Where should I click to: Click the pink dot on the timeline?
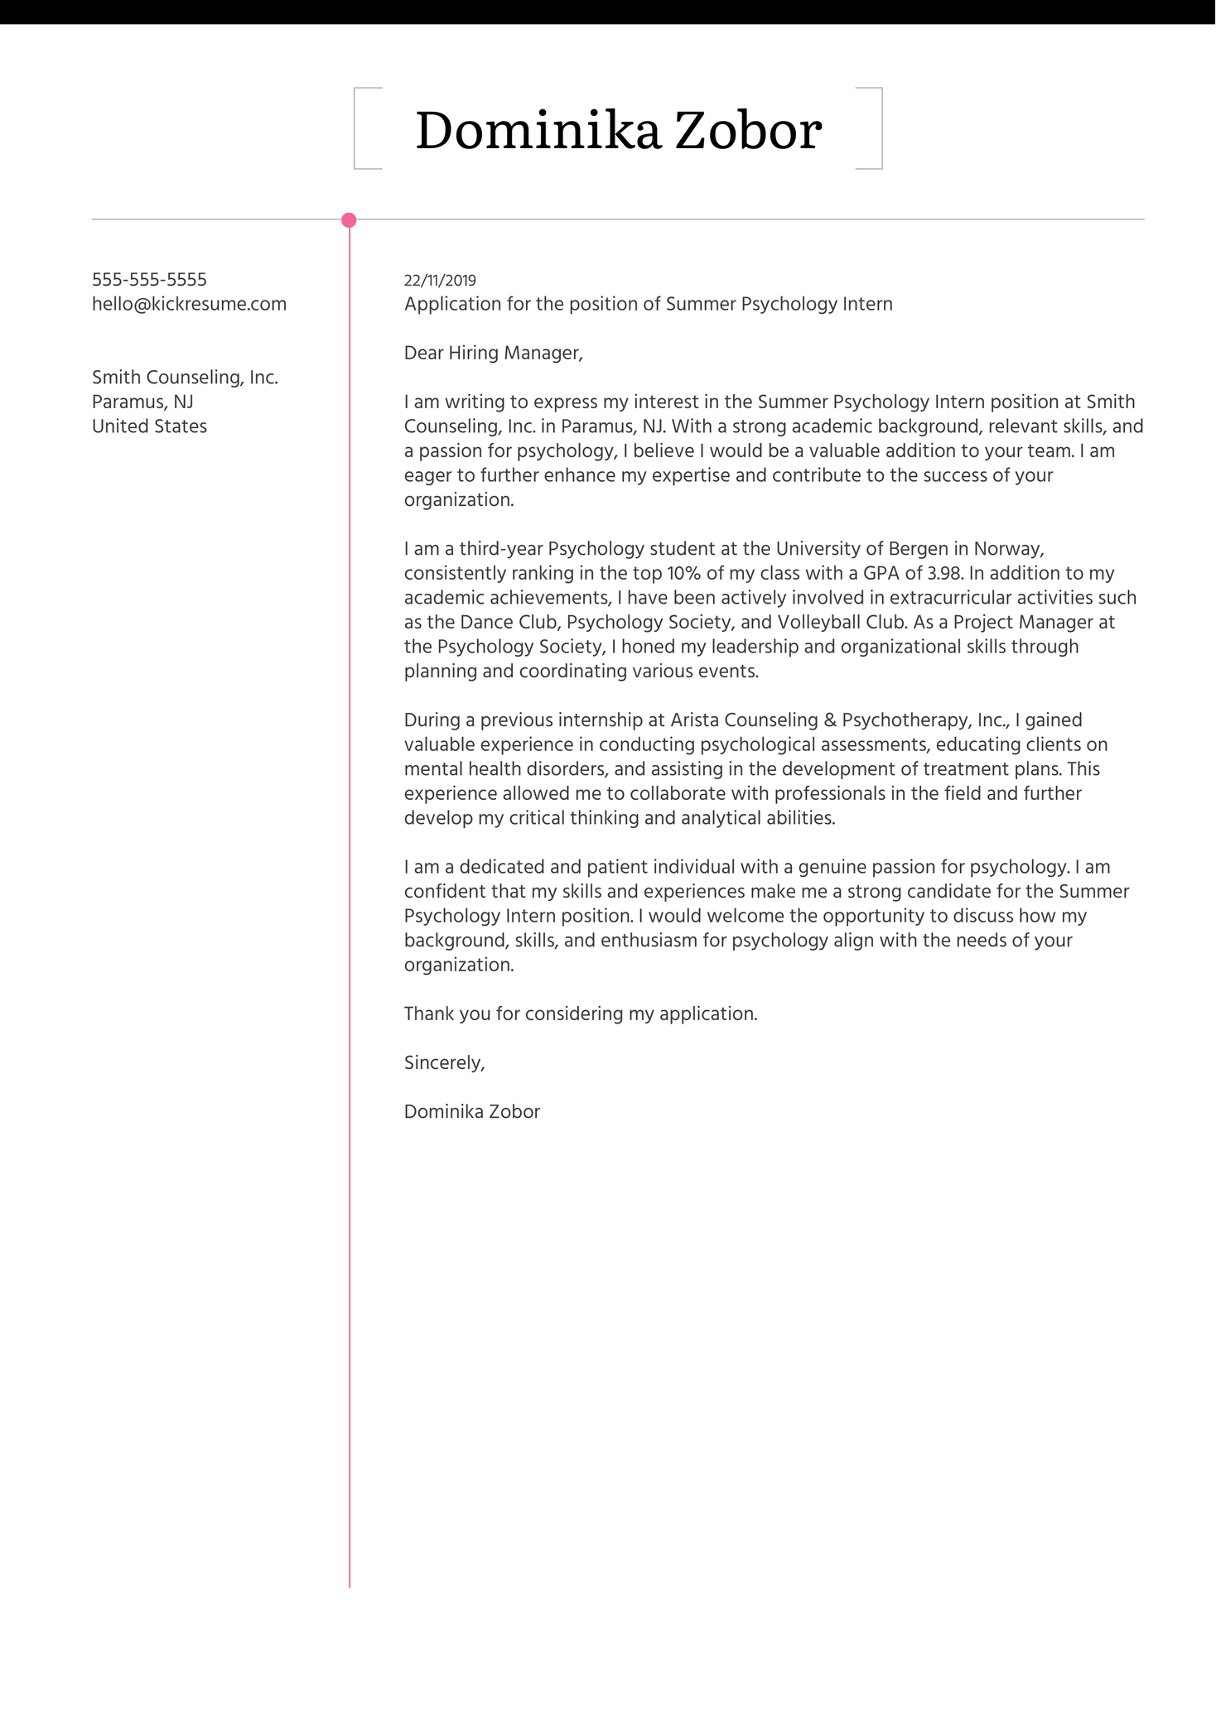coord(349,220)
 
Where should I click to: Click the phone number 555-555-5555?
coord(149,280)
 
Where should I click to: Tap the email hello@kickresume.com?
coord(189,304)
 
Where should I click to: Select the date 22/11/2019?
coord(440,281)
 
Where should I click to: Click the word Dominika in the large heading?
coord(538,131)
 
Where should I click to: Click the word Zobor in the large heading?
coord(748,131)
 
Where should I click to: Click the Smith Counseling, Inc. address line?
coord(185,378)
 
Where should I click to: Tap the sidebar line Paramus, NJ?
coord(142,402)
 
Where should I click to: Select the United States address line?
coord(149,426)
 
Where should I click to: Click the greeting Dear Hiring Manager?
coord(493,354)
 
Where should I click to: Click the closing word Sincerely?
coord(444,1063)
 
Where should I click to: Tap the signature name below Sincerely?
coord(471,1112)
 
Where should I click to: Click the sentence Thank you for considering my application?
coord(581,1014)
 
